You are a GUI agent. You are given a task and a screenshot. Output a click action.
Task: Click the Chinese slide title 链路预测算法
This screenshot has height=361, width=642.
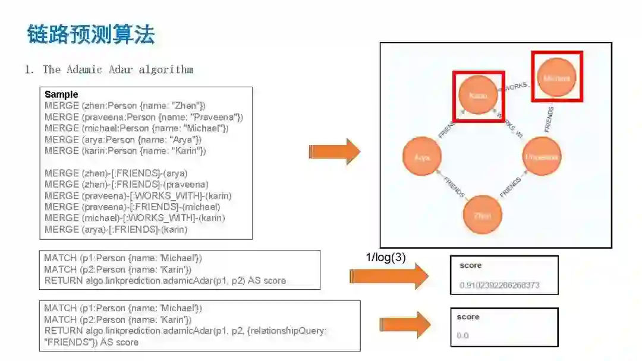pyautogui.click(x=90, y=34)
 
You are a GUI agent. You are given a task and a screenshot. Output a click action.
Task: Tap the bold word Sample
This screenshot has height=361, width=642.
pyautogui.click(x=61, y=94)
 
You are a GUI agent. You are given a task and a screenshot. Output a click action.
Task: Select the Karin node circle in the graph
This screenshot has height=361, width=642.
pyautogui.click(x=478, y=95)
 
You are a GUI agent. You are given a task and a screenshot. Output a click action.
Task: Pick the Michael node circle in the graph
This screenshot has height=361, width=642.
pyautogui.click(x=556, y=78)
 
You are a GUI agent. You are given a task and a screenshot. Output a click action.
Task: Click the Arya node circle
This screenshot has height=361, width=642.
pyautogui.click(x=422, y=157)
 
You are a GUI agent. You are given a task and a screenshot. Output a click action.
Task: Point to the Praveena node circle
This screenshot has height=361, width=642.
pyautogui.click(x=542, y=157)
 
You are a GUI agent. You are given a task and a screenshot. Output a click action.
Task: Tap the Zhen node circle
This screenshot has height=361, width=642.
pyautogui.click(x=483, y=216)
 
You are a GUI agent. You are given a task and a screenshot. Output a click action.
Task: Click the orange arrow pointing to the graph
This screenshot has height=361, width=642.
pyautogui.click(x=335, y=152)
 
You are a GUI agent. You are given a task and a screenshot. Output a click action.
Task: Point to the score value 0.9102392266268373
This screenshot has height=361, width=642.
pyautogui.click(x=499, y=285)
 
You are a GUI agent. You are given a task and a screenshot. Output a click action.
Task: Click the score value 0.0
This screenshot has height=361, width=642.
pyautogui.click(x=462, y=335)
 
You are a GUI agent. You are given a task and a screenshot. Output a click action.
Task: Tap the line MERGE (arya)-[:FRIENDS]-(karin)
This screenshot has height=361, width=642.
pyautogui.click(x=116, y=229)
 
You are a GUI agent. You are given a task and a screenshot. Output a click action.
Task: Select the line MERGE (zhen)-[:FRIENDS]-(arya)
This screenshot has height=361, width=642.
pyautogui.click(x=116, y=173)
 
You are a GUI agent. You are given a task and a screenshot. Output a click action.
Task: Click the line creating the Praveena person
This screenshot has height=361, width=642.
pyautogui.click(x=144, y=117)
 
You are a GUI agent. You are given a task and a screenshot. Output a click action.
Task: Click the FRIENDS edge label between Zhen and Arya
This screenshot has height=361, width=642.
pyautogui.click(x=454, y=186)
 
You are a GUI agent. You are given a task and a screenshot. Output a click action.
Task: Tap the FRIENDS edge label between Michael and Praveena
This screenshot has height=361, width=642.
pyautogui.click(x=549, y=118)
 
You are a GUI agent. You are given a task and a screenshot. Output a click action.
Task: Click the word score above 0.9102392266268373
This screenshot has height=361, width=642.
pyautogui.click(x=470, y=265)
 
